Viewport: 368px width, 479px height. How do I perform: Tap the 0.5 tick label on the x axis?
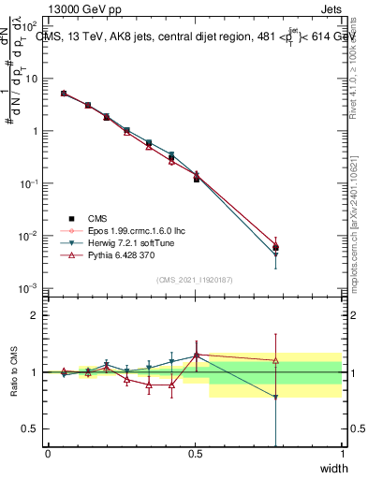[195, 453]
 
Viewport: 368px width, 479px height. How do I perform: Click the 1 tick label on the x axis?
[342, 453]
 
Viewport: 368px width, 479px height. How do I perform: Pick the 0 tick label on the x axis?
[48, 453]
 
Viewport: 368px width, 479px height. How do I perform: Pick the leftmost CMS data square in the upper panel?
[63, 94]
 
